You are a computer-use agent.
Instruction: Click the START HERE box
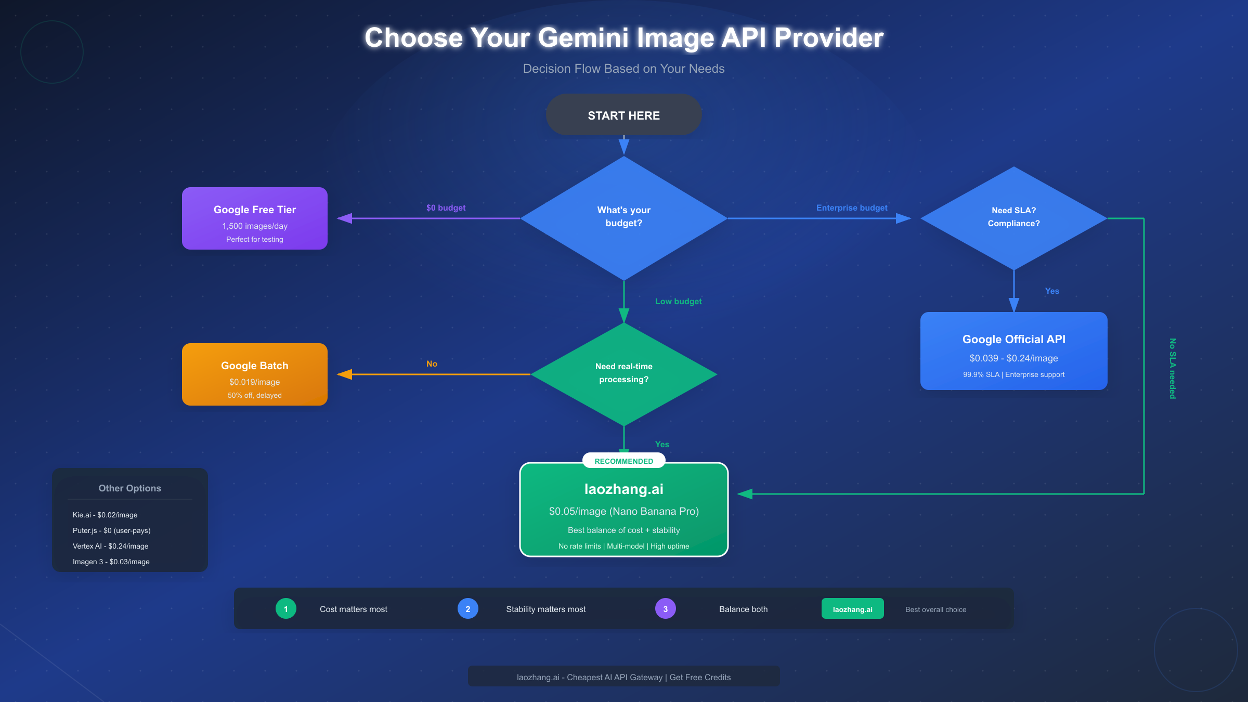click(623, 115)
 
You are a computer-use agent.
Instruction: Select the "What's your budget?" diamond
click(623, 217)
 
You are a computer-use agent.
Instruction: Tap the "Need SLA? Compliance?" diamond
click(1013, 217)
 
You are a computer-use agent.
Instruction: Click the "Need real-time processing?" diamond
click(623, 373)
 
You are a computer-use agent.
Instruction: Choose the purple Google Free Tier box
click(254, 218)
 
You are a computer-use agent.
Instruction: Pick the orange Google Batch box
click(254, 374)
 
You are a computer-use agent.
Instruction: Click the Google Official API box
click(1013, 351)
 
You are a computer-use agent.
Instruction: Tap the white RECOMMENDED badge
click(623, 461)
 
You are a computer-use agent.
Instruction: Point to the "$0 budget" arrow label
click(446, 208)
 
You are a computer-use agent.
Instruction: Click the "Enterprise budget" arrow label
click(852, 208)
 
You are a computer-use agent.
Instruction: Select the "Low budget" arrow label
click(678, 302)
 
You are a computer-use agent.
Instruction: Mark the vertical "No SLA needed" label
click(1172, 369)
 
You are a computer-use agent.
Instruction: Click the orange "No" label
click(432, 364)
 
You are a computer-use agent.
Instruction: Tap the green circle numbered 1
click(285, 609)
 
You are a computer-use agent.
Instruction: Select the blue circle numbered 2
click(467, 609)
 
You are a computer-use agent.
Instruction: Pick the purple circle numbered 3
click(665, 609)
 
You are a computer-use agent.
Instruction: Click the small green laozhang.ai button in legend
click(852, 609)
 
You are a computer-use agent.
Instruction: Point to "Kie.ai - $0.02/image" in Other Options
click(105, 515)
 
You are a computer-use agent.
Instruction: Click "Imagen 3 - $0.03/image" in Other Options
click(111, 562)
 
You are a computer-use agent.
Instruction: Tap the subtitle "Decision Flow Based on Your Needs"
click(623, 69)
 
